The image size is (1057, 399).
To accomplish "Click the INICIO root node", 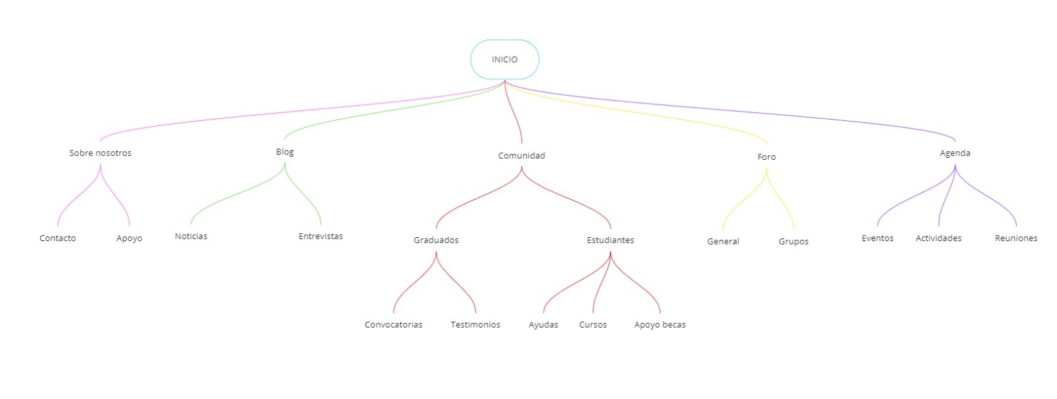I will point(505,59).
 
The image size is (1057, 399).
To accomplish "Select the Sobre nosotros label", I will point(100,153).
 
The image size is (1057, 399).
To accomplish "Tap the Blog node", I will point(285,152).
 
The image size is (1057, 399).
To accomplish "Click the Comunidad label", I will point(521,156).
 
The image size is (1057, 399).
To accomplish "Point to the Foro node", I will point(766,157).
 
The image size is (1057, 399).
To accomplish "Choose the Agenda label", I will point(955,153).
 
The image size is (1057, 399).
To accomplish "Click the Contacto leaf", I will point(57,238).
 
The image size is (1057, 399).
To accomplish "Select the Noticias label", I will point(191,236).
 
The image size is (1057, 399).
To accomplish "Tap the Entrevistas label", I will point(320,236).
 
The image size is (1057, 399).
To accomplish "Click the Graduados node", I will point(436,240).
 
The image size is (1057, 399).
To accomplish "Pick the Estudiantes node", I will point(610,240).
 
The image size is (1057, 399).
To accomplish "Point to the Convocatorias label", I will point(394,325).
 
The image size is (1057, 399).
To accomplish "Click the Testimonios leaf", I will point(476,325).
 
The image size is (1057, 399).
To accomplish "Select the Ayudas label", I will point(543,325).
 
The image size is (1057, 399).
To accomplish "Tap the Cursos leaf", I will point(593,325).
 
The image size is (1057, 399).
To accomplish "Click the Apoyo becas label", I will point(660,325).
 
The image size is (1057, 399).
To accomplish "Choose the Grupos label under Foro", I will point(793,242).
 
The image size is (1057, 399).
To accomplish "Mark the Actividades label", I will point(939,238).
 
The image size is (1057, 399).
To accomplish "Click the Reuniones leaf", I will point(1016,238).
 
